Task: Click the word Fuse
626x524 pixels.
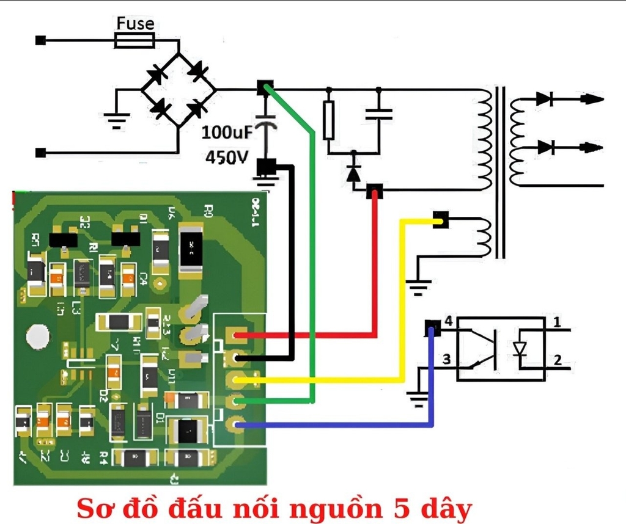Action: click(135, 25)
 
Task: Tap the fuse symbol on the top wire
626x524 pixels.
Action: click(134, 41)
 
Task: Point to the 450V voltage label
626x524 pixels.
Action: click(227, 157)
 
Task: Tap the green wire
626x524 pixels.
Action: click(312, 244)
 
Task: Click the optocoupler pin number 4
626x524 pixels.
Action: click(448, 321)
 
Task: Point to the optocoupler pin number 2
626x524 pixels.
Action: click(556, 360)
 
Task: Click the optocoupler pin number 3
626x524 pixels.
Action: click(446, 360)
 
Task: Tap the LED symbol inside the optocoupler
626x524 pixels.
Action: click(520, 349)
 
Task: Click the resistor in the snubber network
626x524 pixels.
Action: click(329, 120)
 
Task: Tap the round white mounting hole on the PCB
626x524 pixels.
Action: click(37, 337)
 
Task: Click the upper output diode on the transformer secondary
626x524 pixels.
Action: click(545, 98)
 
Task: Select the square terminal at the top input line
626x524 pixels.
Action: click(40, 41)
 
